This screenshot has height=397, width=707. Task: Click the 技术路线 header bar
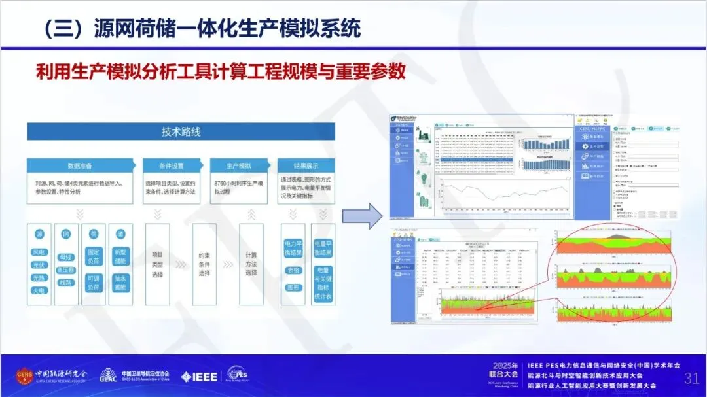[x=181, y=131]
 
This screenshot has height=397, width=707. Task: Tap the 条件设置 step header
[x=171, y=166]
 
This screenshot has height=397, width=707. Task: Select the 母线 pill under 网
[x=66, y=257]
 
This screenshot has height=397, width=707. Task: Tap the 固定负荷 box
[x=94, y=255]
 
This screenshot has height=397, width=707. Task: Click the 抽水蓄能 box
[x=120, y=283]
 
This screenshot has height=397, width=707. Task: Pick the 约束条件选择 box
[x=204, y=264]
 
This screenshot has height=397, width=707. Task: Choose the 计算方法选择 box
[x=251, y=264]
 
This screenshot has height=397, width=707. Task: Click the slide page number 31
[x=691, y=378]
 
